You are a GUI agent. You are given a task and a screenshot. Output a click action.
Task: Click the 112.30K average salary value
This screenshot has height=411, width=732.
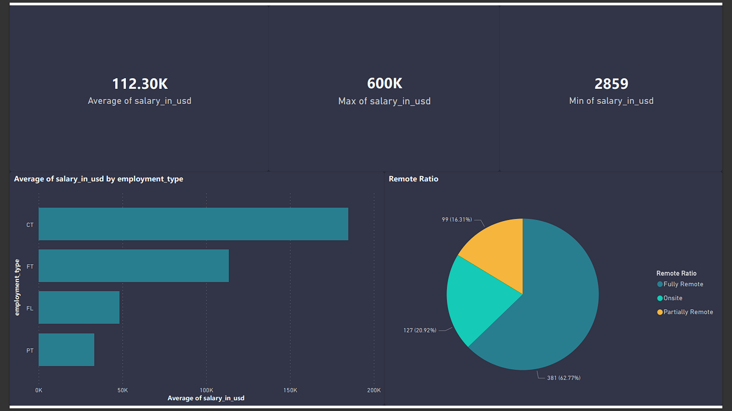(140, 84)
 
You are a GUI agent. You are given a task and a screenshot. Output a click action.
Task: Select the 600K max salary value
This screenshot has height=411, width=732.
(384, 84)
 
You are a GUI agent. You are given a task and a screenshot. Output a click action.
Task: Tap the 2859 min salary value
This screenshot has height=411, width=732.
(611, 84)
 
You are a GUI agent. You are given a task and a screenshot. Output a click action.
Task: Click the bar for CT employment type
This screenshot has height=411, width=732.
(193, 224)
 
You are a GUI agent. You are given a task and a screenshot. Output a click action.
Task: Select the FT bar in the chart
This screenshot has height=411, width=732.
(133, 265)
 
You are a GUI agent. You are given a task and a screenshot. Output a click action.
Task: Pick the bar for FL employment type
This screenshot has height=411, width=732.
(79, 307)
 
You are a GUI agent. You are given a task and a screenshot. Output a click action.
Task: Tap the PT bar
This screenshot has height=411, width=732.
(66, 349)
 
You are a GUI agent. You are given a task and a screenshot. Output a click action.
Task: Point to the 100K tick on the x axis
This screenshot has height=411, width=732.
(206, 390)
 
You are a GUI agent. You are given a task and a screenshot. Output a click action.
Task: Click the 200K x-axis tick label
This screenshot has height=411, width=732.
(374, 390)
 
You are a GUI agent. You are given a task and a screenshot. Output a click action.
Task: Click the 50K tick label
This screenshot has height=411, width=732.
(123, 390)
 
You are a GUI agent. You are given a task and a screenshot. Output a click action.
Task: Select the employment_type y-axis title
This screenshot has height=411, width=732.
(17, 287)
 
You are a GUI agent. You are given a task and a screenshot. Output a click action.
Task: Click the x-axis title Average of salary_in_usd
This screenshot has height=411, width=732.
(206, 398)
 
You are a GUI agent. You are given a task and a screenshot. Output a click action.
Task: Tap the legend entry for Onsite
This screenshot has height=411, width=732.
(673, 298)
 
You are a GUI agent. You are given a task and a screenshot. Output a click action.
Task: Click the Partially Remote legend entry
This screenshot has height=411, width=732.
(688, 312)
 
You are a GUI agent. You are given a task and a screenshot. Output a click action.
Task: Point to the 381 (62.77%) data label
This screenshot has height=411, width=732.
(563, 378)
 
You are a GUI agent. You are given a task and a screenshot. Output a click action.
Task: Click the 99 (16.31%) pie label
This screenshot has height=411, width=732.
(457, 220)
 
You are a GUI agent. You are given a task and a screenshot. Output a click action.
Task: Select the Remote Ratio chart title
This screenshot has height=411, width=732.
(413, 179)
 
